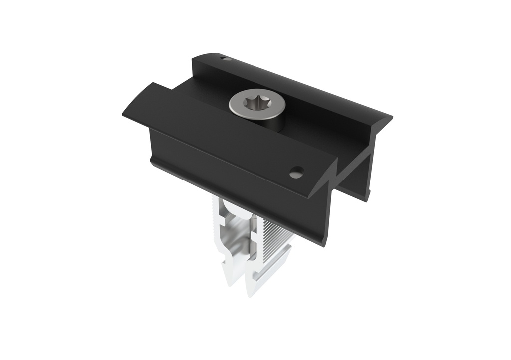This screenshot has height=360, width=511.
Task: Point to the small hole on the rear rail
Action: (226, 59)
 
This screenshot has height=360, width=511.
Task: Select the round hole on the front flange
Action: (296, 172)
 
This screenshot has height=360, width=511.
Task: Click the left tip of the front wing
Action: (124, 113)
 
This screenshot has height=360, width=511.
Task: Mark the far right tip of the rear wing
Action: (390, 118)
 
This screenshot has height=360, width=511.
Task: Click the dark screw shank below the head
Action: (277, 123)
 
